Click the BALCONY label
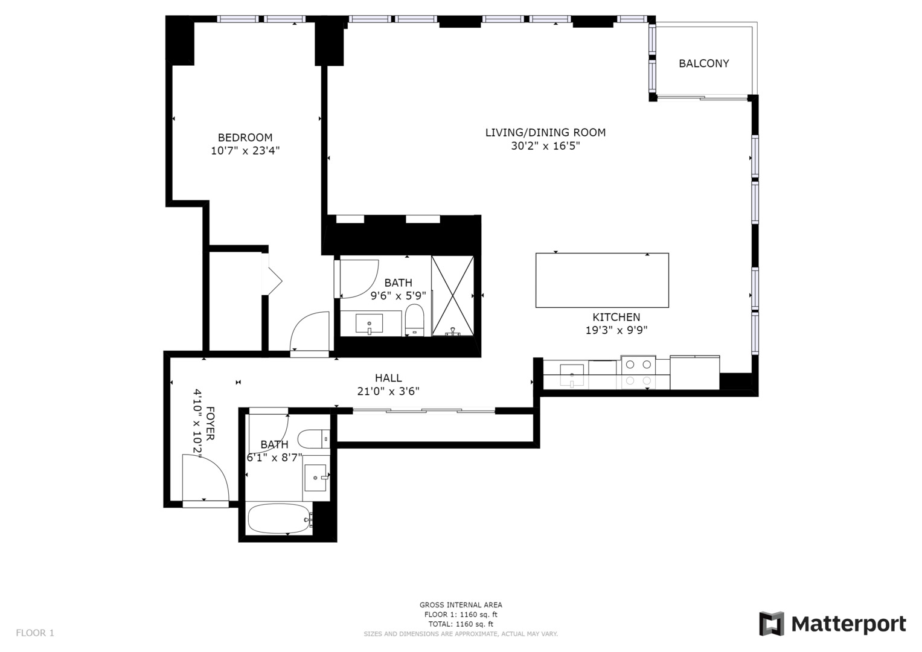tap(703, 63)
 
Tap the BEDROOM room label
tap(245, 138)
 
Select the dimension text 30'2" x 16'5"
tap(545, 146)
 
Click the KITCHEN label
tap(616, 318)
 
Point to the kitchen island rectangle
tap(602, 280)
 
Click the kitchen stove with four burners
tap(638, 372)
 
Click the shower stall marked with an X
tap(452, 296)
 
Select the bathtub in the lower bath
tap(280, 519)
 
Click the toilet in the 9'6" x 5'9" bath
tap(414, 320)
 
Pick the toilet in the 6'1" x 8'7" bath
tap(313, 439)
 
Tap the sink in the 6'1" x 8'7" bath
tap(316, 478)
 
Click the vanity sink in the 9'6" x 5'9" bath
tap(369, 324)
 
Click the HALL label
tap(388, 378)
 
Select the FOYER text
tap(210, 423)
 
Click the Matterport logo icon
tap(771, 624)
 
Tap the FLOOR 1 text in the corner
tap(35, 633)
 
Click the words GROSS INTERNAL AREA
tap(461, 605)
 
